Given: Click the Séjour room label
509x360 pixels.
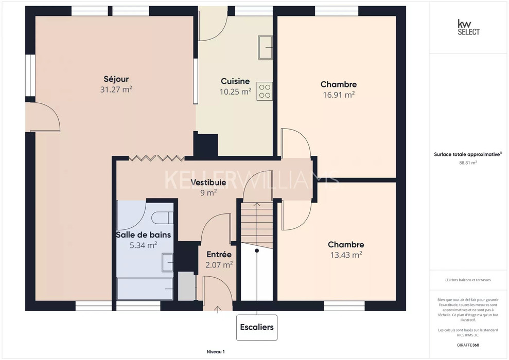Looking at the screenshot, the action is pyautogui.click(x=116, y=79).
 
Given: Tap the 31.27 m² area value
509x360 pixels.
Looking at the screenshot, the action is pyautogui.click(x=116, y=89).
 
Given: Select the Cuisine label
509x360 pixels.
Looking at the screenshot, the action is pyautogui.click(x=235, y=81).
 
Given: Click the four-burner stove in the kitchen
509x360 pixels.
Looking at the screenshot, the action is pyautogui.click(x=265, y=91).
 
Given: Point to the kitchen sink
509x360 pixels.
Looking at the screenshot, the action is pyautogui.click(x=265, y=47).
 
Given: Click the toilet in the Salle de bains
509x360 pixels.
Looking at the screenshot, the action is pyautogui.click(x=163, y=218).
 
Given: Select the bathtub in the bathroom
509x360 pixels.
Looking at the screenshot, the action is pyautogui.click(x=145, y=289).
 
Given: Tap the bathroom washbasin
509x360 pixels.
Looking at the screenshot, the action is pyautogui.click(x=167, y=263).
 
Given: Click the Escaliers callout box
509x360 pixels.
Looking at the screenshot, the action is pyautogui.click(x=257, y=327).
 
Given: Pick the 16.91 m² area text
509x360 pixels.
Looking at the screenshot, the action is pyautogui.click(x=339, y=95).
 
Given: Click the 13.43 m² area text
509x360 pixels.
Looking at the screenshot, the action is pyautogui.click(x=346, y=255).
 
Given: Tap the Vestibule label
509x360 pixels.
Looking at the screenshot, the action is pyautogui.click(x=208, y=182).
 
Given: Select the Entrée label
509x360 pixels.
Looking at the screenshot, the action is pyautogui.click(x=219, y=254).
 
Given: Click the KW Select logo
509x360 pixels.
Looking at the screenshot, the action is pyautogui.click(x=468, y=27).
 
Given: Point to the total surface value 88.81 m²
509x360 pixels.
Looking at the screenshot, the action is pyautogui.click(x=468, y=163).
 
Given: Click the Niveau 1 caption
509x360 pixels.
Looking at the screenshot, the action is pyautogui.click(x=216, y=352).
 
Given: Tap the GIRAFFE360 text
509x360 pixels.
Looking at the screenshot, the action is pyautogui.click(x=468, y=345).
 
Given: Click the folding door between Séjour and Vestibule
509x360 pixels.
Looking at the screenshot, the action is pyautogui.click(x=157, y=158).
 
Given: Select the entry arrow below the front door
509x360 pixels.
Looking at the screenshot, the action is pyautogui.click(x=218, y=310).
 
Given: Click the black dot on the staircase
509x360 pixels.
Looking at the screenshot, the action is pyautogui.click(x=257, y=250).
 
